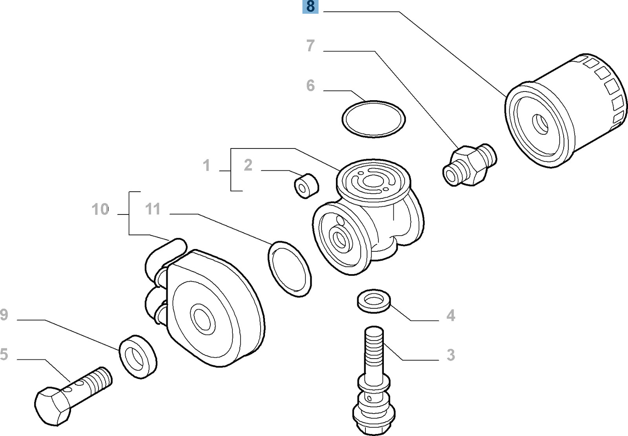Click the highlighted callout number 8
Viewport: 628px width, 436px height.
pos(310,7)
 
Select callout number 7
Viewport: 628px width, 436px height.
pos(310,46)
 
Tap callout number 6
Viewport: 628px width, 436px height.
pos(310,85)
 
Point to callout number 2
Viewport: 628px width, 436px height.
pos(248,165)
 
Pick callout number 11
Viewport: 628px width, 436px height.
pos(153,209)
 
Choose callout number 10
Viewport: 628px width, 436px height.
pos(100,209)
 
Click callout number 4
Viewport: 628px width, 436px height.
pos(451,315)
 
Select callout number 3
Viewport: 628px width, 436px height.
pos(451,355)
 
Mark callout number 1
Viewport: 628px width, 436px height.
pos(206,166)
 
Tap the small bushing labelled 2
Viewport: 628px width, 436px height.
pos(306,186)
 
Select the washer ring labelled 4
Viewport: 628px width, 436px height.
pos(373,301)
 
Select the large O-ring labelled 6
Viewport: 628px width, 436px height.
pos(373,119)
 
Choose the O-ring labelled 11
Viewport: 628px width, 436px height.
pos(290,269)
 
